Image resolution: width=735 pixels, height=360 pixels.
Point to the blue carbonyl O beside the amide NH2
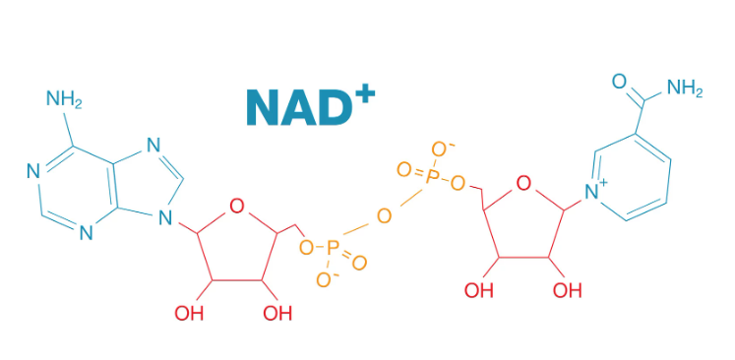[619, 81]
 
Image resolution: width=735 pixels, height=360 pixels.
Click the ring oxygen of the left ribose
[234, 206]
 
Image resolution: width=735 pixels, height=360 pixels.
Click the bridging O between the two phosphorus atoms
[384, 214]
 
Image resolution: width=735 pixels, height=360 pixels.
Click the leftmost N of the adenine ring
[31, 172]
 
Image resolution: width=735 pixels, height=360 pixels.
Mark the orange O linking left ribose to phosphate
[306, 244]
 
